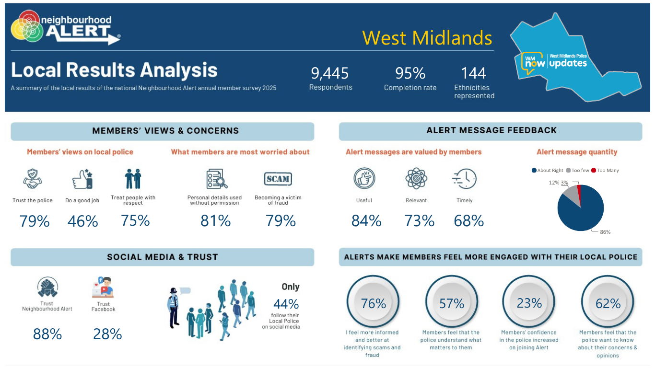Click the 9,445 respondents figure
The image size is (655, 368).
(329, 73)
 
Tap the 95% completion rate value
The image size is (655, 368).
(410, 73)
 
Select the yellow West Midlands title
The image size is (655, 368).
(427, 38)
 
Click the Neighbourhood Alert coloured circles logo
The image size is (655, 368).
(27, 26)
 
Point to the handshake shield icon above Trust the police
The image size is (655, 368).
(33, 178)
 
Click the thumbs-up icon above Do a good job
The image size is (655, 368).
(82, 179)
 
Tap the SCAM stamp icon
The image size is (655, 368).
(278, 179)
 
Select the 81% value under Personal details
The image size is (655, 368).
(215, 221)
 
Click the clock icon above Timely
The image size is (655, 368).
(465, 179)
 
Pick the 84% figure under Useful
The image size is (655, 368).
(366, 221)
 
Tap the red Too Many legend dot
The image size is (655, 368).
(594, 171)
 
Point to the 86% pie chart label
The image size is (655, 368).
(605, 232)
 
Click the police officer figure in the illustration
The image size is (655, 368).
(174, 308)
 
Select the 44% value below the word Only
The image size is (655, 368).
(286, 304)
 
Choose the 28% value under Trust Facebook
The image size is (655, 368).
(107, 334)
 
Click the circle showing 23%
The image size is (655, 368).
(529, 301)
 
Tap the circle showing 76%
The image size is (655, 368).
(373, 301)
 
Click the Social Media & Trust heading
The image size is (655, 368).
(163, 257)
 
